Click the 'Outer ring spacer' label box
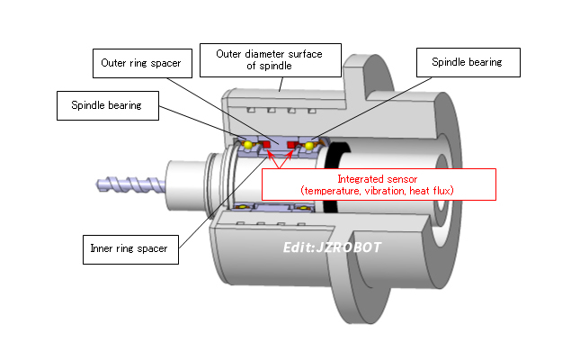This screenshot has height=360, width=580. click(x=141, y=65)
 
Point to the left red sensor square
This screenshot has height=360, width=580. click(x=268, y=144)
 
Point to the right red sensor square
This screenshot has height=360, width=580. click(x=291, y=144)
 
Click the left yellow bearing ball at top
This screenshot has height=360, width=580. click(x=246, y=144)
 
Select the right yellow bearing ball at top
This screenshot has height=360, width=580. click(x=309, y=145)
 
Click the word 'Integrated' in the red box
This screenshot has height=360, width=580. click(x=358, y=180)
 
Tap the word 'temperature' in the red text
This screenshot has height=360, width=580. click(x=331, y=191)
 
